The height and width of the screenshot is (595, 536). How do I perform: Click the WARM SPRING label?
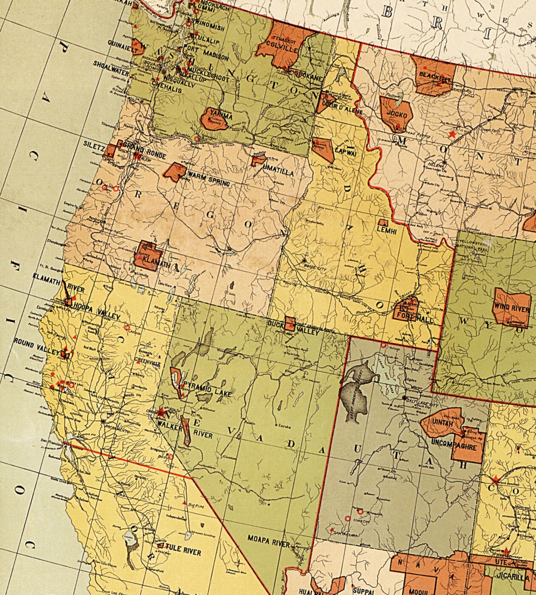[x=208, y=179]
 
